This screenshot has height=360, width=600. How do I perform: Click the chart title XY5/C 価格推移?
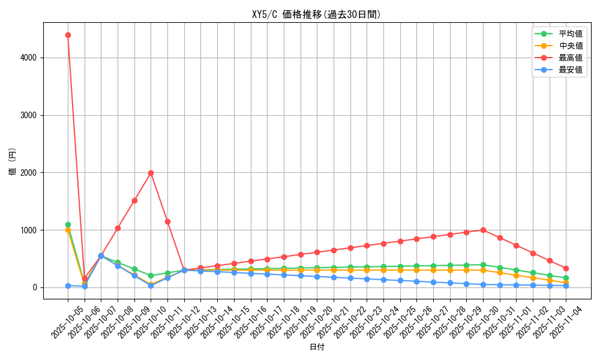pyautogui.click(x=316, y=14)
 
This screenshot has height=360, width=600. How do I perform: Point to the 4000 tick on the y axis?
pyautogui.click(x=29, y=58)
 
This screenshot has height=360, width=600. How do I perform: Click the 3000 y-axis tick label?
pyautogui.click(x=29, y=115)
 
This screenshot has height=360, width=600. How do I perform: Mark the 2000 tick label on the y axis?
pyautogui.click(x=29, y=173)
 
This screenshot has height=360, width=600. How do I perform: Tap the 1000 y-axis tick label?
pyautogui.click(x=29, y=230)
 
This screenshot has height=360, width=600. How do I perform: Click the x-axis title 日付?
pyautogui.click(x=317, y=347)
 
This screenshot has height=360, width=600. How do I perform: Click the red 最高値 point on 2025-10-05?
pyautogui.click(x=68, y=35)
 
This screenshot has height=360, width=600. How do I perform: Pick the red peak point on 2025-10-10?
pyautogui.click(x=151, y=173)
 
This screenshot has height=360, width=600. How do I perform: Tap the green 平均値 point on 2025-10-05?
pyautogui.click(x=68, y=224)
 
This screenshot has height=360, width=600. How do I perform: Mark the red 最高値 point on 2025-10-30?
pyautogui.click(x=483, y=230)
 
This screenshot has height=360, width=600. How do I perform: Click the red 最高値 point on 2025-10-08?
pyautogui.click(x=118, y=228)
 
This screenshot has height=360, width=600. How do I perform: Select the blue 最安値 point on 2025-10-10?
pyautogui.click(x=151, y=286)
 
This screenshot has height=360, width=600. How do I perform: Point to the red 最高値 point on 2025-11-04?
pyautogui.click(x=566, y=268)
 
